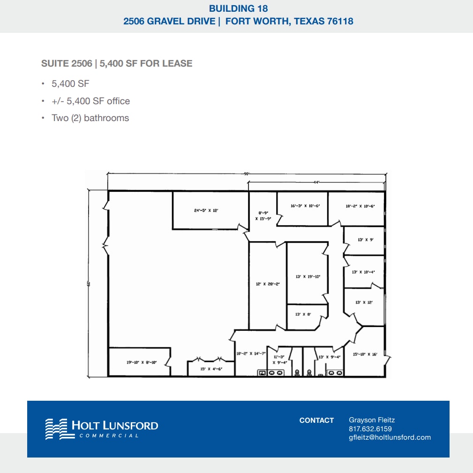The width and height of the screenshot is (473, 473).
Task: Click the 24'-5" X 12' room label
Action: coord(206,211)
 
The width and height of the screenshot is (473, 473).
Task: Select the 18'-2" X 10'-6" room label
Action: coord(360,206)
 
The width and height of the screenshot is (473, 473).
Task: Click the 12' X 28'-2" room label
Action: coord(268,284)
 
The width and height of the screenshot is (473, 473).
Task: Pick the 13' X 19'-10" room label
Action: coord(308,276)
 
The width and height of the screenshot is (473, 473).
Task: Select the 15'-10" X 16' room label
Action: coord(365,354)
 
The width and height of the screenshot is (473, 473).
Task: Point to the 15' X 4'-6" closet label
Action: coord(211,369)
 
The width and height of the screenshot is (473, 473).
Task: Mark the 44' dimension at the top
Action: coord(317,182)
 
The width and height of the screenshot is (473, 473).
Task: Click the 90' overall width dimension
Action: coord(247,174)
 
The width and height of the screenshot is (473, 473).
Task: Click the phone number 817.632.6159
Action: coord(370,429)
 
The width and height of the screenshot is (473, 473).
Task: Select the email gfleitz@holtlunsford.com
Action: coord(390,437)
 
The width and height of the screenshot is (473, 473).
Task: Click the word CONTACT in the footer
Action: coord(316,420)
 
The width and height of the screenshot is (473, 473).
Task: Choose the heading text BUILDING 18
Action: coord(238,8)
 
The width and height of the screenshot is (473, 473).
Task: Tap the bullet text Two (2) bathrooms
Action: coord(90,118)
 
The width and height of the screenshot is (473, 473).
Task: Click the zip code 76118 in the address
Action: coord(338,21)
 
